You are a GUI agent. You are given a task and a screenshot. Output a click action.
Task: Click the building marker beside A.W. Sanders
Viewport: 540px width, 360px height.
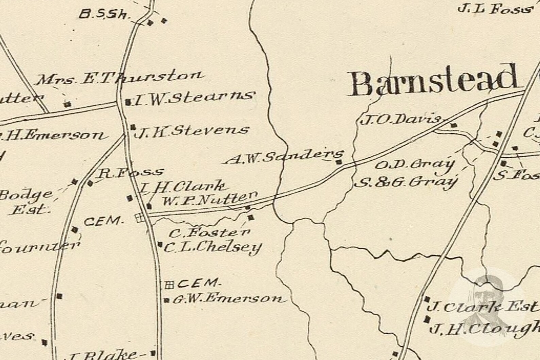coord(339,162)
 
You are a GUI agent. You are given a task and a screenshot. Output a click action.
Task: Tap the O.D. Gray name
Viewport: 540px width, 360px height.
coord(415,165)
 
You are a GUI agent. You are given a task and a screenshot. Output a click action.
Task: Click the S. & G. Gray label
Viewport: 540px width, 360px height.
coord(406,183)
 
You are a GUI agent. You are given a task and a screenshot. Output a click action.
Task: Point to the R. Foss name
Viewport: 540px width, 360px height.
coord(130,173)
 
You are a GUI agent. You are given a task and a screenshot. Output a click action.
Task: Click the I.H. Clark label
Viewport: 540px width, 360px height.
coord(183,187)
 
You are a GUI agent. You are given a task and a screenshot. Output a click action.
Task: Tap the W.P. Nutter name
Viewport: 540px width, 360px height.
coord(209,199)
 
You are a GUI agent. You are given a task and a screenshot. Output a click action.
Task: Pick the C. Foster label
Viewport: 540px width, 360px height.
coord(209,233)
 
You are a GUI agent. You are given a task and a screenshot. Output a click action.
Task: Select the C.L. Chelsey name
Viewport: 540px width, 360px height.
coord(213,248)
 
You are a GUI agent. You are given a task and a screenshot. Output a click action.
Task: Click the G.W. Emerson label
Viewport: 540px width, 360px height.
coord(227,299)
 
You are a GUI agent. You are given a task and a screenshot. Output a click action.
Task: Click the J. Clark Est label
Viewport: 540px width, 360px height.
coord(483,307)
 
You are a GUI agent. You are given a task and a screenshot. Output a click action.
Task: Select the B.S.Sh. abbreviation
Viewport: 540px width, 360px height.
coord(105,14)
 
